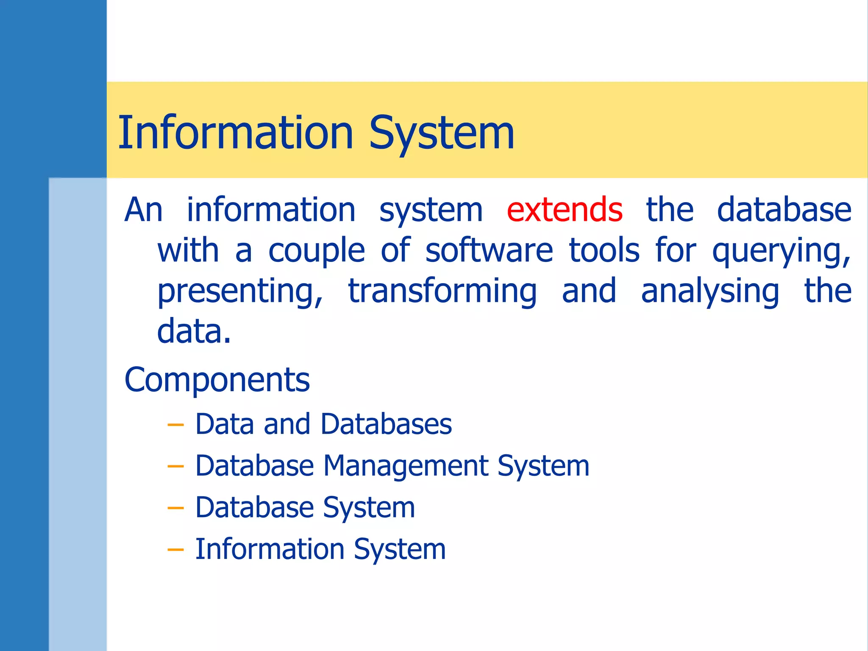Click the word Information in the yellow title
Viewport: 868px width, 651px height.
tap(235, 133)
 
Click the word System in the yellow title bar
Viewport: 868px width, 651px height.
tap(442, 133)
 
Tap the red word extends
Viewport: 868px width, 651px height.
tap(565, 210)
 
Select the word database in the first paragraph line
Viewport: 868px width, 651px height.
tap(784, 210)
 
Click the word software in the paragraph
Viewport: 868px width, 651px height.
tap(489, 250)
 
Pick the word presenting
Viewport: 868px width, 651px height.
tap(239, 292)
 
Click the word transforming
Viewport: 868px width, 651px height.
tap(442, 292)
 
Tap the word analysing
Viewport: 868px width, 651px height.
tap(710, 292)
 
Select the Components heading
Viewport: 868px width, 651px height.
tap(217, 380)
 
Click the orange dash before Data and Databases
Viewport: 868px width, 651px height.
tap(175, 424)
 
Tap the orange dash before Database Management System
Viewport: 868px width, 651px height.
tap(175, 466)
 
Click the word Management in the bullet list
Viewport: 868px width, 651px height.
tap(406, 466)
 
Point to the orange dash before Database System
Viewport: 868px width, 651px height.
tap(175, 507)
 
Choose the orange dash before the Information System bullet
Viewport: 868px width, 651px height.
tap(175, 549)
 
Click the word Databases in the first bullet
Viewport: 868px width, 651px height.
tap(386, 424)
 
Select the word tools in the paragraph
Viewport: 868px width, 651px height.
tap(604, 250)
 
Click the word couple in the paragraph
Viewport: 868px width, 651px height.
tap(317, 251)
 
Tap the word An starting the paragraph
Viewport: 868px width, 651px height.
tap(143, 210)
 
